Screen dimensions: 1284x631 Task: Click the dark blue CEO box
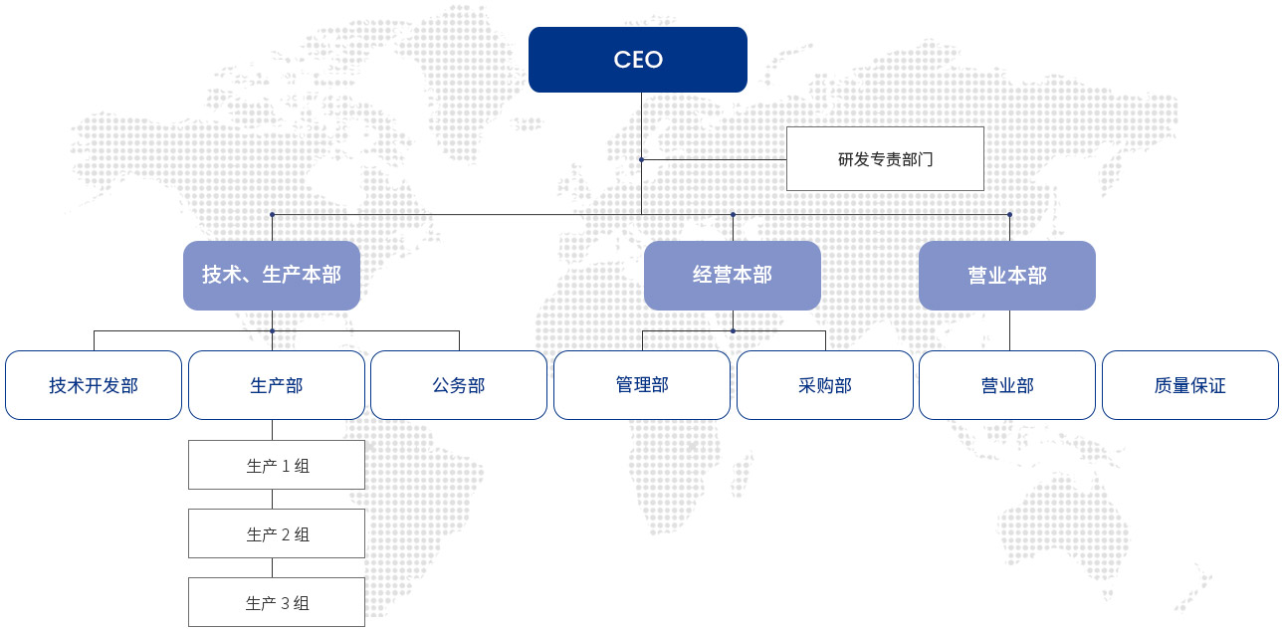[x=637, y=60]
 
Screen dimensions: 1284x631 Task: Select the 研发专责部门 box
[x=885, y=159]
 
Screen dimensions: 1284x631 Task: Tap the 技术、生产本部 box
[x=272, y=276]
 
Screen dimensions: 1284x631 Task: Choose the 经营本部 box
[x=733, y=276]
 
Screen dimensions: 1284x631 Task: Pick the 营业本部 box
[x=1007, y=276]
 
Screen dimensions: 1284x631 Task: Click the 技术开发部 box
[x=94, y=385]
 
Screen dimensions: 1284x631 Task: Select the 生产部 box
[x=277, y=385]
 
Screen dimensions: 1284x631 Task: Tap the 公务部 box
[x=459, y=385]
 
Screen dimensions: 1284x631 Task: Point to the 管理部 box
[x=642, y=385]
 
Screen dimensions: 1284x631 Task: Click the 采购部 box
[x=825, y=385]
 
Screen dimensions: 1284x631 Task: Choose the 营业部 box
[x=1007, y=385]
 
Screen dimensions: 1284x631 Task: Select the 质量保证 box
[x=1190, y=385]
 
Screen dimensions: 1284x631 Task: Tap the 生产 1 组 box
[x=277, y=465]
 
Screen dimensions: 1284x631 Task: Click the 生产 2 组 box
[x=277, y=533]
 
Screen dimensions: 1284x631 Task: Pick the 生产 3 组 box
[x=277, y=602]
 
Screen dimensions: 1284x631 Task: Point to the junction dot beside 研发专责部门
[x=641, y=160]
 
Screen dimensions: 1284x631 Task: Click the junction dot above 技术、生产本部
[x=273, y=215]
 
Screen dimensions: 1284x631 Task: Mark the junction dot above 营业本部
[x=1009, y=215]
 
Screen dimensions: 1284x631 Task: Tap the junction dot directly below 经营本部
[x=734, y=331]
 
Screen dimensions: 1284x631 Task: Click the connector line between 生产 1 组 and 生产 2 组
[x=273, y=500]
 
